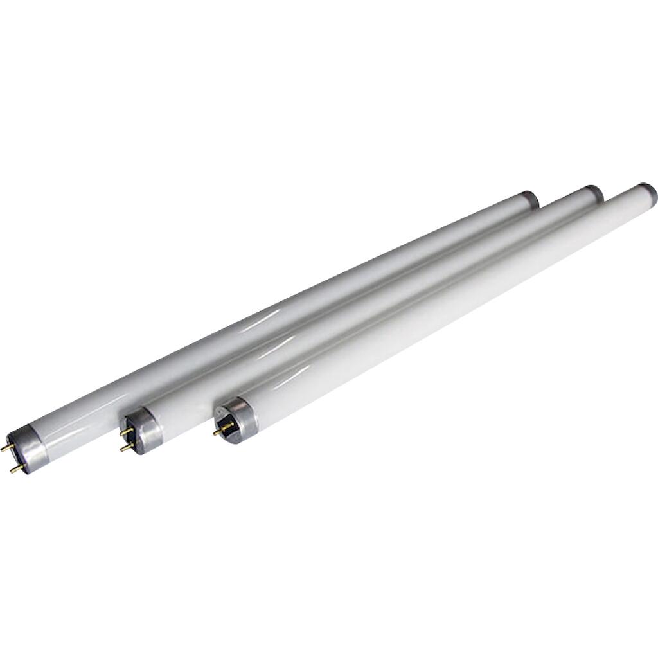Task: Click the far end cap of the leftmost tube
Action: tap(530, 199)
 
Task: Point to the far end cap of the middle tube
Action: tap(594, 193)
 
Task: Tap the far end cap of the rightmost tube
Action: tap(647, 191)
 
